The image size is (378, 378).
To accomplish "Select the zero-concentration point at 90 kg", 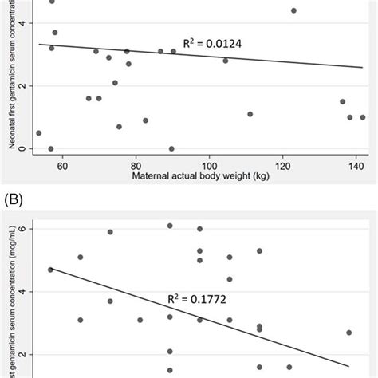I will pos(171,148).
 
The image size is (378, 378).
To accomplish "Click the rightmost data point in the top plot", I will pos(362,117).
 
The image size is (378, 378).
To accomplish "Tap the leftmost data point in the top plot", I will pos(39,133).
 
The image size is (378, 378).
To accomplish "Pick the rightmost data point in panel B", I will pos(348,333).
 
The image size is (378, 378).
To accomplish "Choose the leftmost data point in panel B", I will pos(50,270).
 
